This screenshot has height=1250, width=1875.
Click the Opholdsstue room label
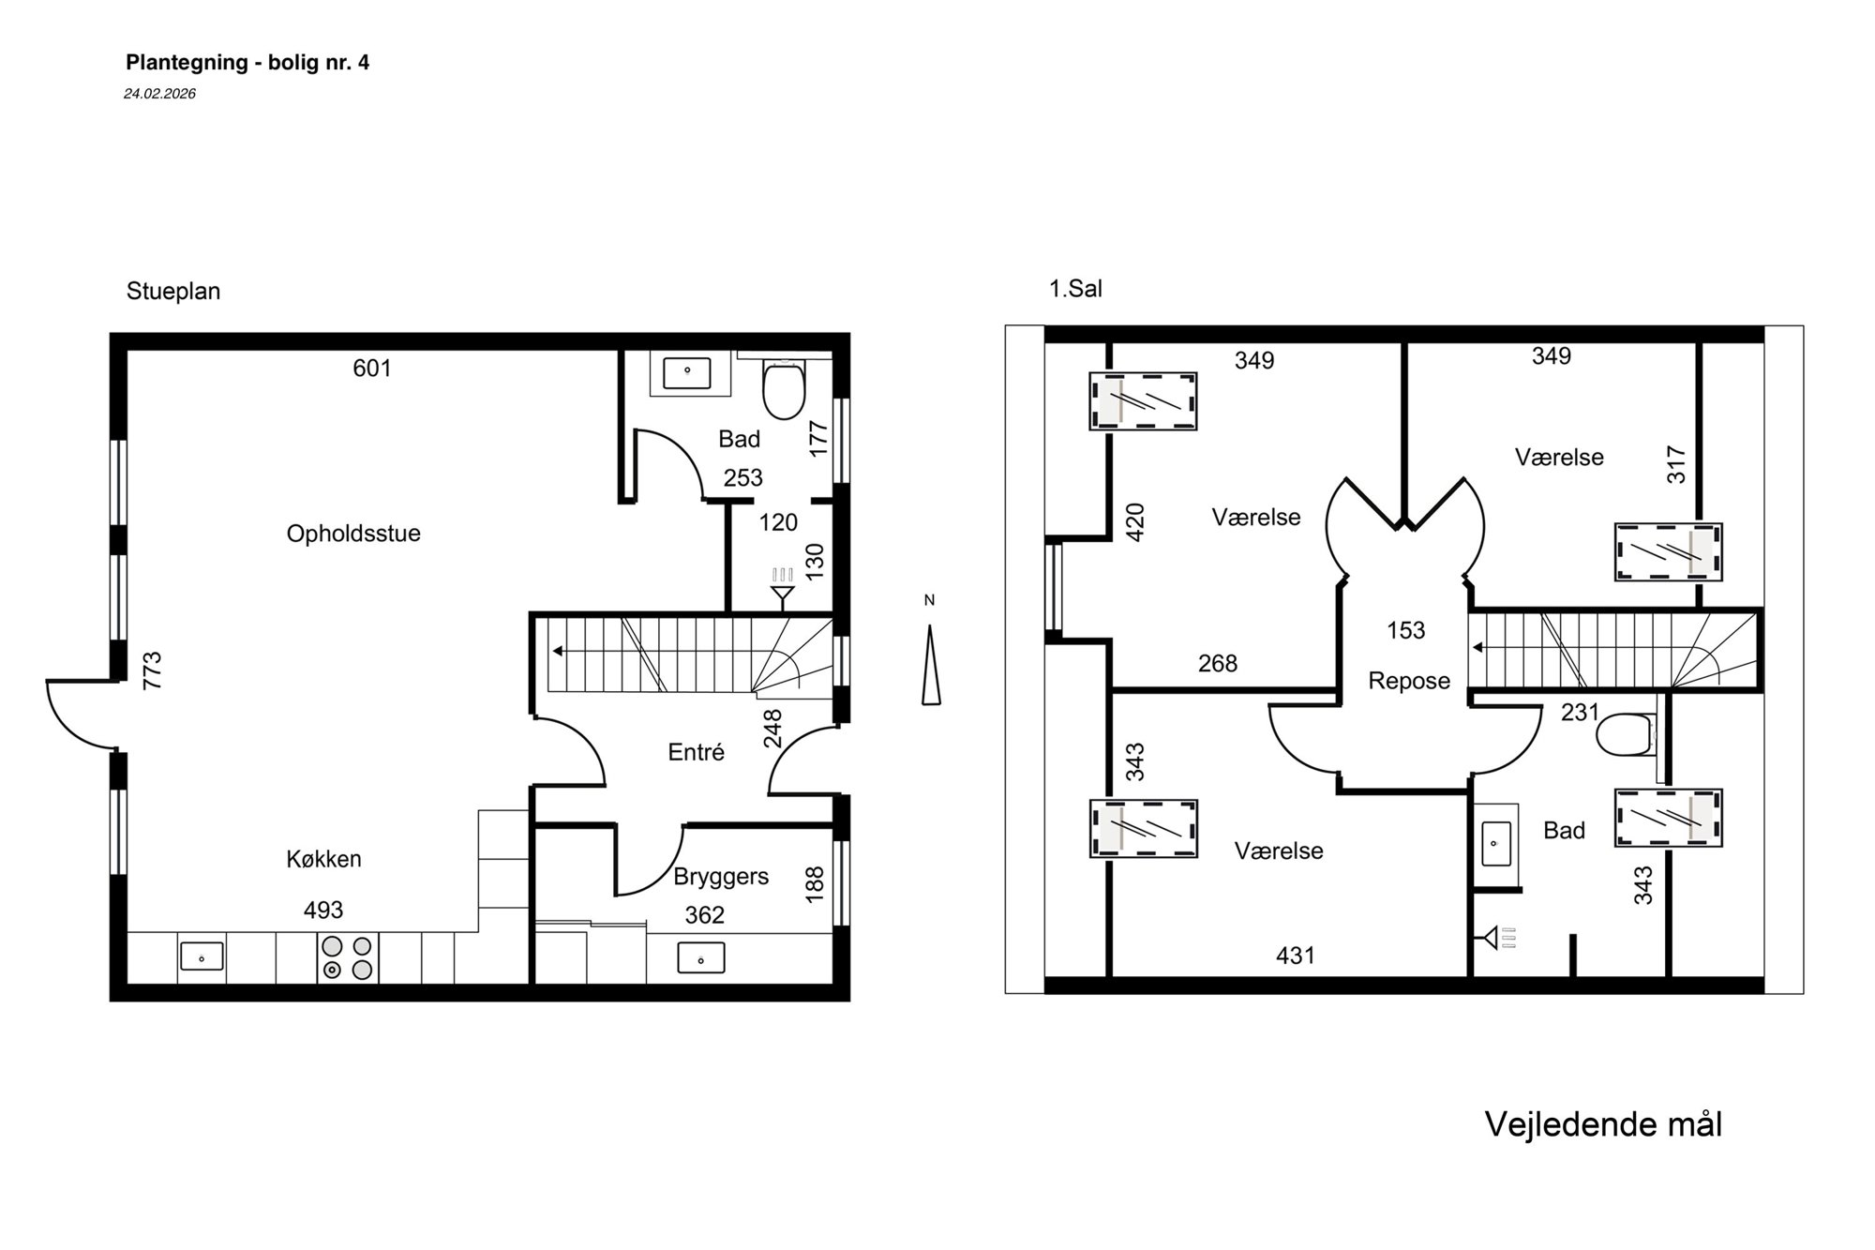point(353,534)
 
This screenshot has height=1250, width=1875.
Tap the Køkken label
point(323,859)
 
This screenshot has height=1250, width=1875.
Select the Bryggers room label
point(721,877)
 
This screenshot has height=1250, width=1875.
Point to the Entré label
point(697,752)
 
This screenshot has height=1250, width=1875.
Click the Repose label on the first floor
point(1409,681)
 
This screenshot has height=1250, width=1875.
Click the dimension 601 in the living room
point(372,369)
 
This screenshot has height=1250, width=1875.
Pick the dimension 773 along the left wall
point(152,670)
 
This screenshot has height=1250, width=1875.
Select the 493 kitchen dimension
point(323,910)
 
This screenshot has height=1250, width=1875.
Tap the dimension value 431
point(1296,956)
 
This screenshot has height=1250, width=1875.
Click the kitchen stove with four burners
point(347,957)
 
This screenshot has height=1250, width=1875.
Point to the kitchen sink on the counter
point(202,956)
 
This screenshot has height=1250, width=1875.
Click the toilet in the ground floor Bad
point(784,388)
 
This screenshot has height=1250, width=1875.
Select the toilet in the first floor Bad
point(1627,735)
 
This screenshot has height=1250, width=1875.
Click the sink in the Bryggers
point(700,958)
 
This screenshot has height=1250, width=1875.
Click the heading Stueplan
point(173,292)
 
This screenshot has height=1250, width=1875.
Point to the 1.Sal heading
point(1075,289)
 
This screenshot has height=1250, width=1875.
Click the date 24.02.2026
point(159,94)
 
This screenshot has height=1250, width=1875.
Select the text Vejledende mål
point(1603,1124)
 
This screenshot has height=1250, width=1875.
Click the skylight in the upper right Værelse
point(1668,551)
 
